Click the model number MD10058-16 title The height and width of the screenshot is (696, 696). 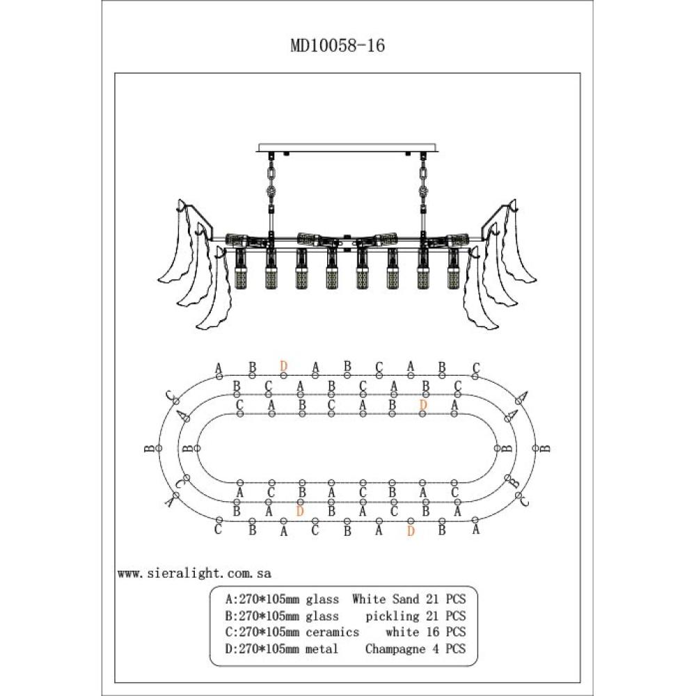point(337,46)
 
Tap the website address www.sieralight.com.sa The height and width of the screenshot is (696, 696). point(194,574)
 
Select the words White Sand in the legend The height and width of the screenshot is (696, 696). point(386,599)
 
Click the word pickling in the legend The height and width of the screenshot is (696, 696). point(393,615)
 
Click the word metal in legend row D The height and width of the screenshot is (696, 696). point(322,649)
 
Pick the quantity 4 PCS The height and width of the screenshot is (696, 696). point(450,649)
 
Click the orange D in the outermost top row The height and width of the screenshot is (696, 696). point(283,365)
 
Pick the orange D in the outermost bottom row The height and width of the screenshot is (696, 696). point(411,531)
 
